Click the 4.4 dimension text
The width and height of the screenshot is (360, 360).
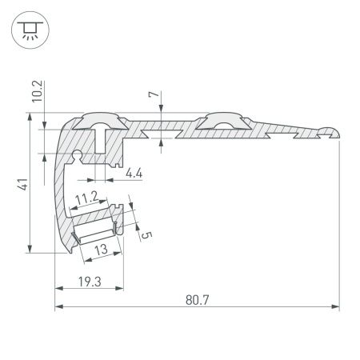click(135, 171)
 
